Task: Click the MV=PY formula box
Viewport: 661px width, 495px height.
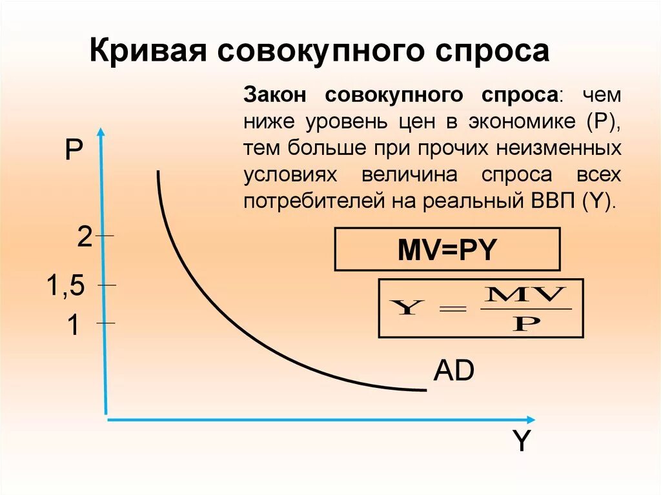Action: click(x=447, y=249)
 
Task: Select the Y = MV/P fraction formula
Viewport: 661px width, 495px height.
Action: click(x=480, y=308)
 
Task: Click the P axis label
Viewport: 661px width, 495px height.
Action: click(x=73, y=153)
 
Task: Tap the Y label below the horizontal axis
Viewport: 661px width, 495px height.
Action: click(x=521, y=442)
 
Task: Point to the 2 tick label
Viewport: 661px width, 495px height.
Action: click(x=85, y=237)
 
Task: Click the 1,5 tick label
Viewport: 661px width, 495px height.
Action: click(x=65, y=285)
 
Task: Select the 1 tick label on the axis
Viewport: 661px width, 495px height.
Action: click(x=73, y=326)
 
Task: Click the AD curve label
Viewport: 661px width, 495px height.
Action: click(x=454, y=371)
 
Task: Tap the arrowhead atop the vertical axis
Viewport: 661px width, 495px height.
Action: click(x=101, y=133)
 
